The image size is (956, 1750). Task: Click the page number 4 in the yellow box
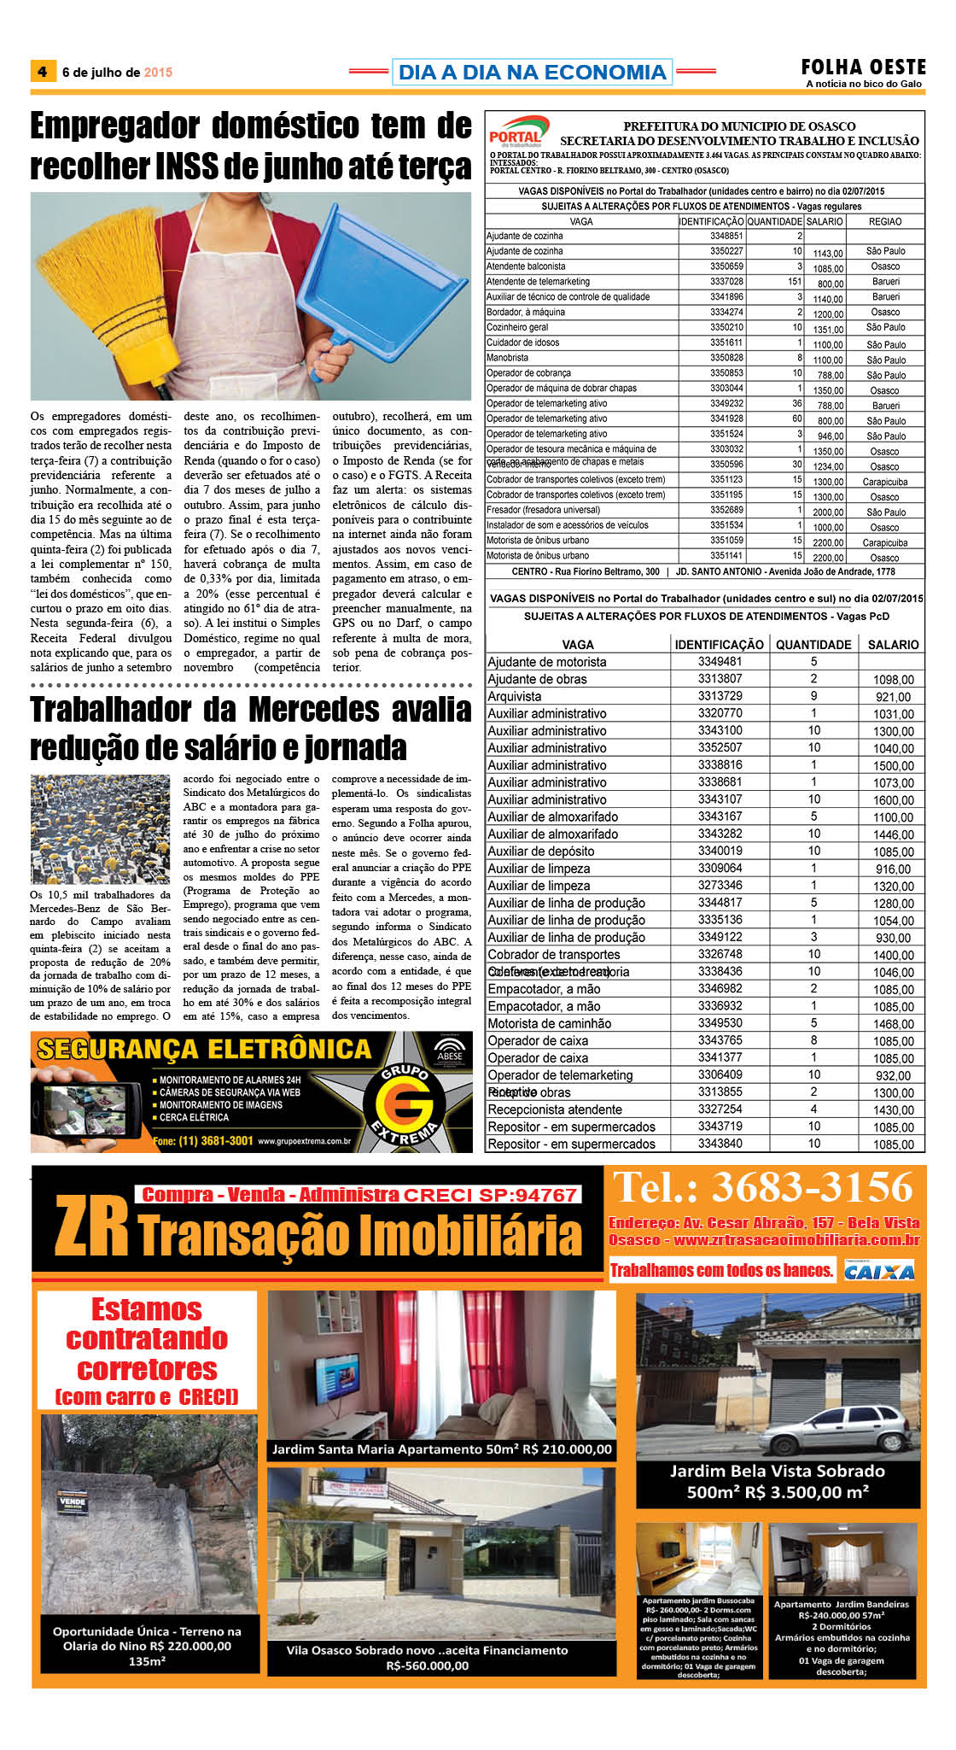point(42,71)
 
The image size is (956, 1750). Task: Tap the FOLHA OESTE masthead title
point(863,67)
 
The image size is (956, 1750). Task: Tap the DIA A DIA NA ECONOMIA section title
point(532,72)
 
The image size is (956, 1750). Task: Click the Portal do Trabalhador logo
point(515,132)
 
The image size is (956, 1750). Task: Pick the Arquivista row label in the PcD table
point(514,696)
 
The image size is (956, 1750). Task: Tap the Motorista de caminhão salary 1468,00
point(893,1023)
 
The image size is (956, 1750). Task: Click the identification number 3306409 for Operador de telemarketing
point(720,1074)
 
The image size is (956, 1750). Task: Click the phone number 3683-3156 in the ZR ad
point(812,1187)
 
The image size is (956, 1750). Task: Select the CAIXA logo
point(879,1271)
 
